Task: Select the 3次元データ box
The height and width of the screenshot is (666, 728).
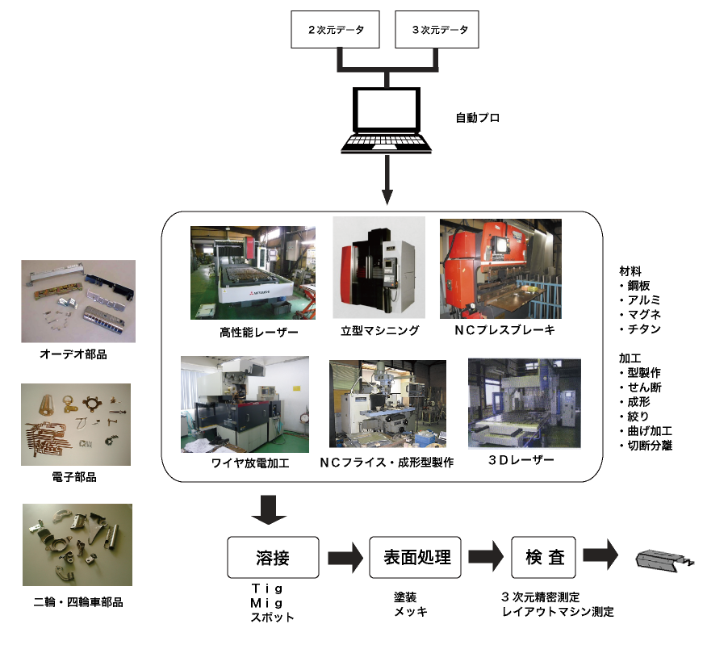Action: [x=437, y=31]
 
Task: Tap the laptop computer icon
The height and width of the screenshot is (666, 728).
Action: [x=388, y=121]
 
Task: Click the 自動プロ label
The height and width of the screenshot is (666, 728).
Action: [x=478, y=119]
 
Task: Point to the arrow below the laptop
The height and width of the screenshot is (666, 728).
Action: [x=388, y=181]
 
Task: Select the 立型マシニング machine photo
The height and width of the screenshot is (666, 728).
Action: [x=379, y=267]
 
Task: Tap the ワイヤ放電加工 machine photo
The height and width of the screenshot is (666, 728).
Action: [x=234, y=404]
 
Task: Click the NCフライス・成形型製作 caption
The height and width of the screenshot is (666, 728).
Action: [x=387, y=463]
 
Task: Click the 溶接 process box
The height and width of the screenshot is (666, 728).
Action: [x=273, y=557]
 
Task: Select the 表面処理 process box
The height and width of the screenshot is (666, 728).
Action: [x=415, y=557]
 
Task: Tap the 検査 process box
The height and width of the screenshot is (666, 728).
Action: [x=544, y=557]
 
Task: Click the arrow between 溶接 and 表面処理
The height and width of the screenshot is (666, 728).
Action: [x=345, y=557]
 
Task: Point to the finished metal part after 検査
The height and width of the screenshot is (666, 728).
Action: [x=664, y=559]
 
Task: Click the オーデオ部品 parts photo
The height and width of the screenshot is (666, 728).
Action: [x=78, y=301]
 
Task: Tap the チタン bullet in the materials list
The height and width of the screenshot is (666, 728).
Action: [x=642, y=329]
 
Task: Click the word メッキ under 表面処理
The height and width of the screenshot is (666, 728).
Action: [x=410, y=612]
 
